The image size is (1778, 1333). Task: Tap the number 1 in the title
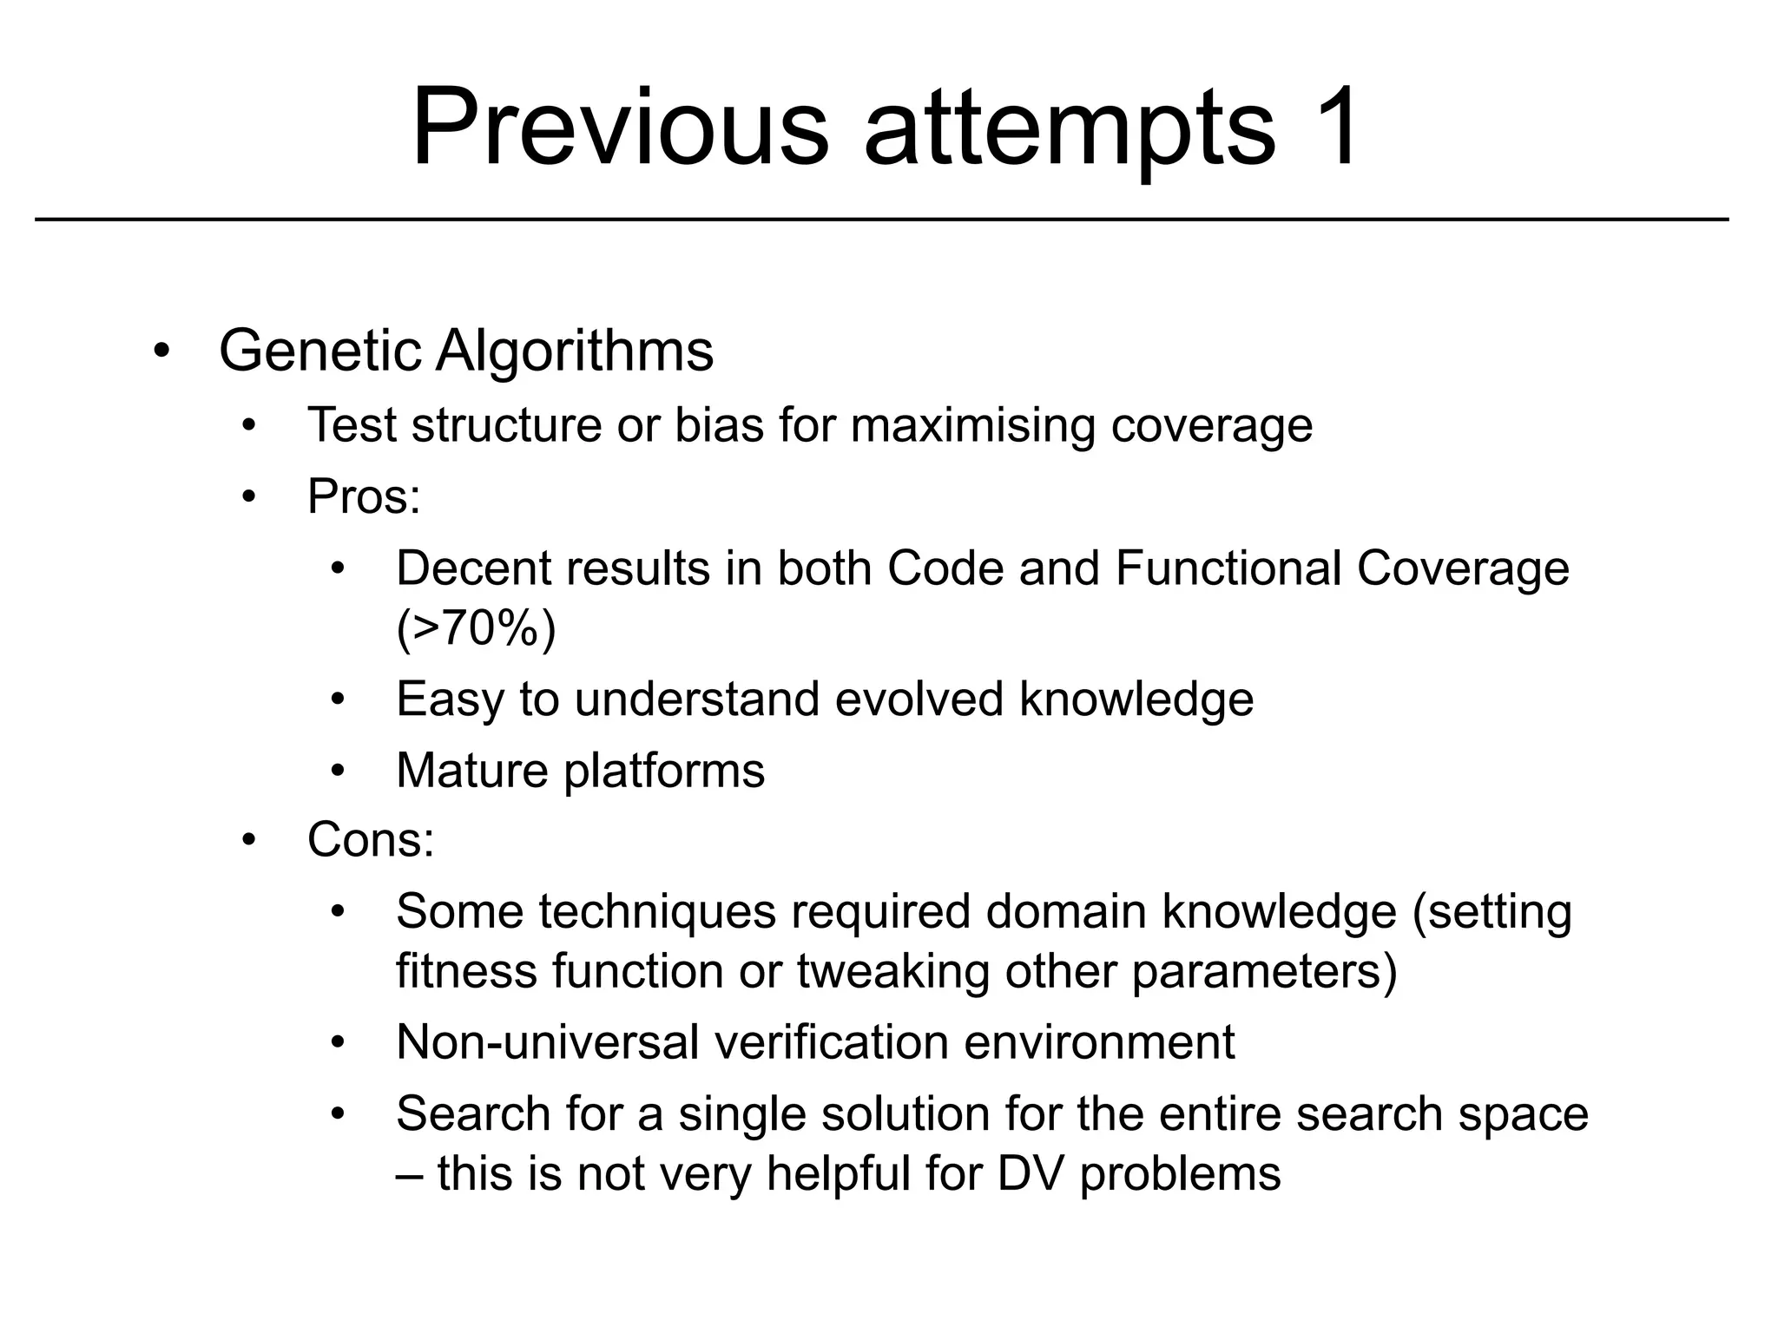(1329, 128)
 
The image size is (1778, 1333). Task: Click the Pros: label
(364, 497)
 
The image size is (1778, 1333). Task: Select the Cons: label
(371, 840)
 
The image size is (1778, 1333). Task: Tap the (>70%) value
(476, 627)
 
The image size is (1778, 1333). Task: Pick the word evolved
(919, 699)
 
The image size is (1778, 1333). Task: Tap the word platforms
(664, 772)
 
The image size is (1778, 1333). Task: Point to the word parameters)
(1264, 972)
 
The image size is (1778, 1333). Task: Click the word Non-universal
(547, 1041)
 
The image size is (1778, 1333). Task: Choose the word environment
(1099, 1041)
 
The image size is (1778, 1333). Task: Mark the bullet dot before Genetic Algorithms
(161, 352)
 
